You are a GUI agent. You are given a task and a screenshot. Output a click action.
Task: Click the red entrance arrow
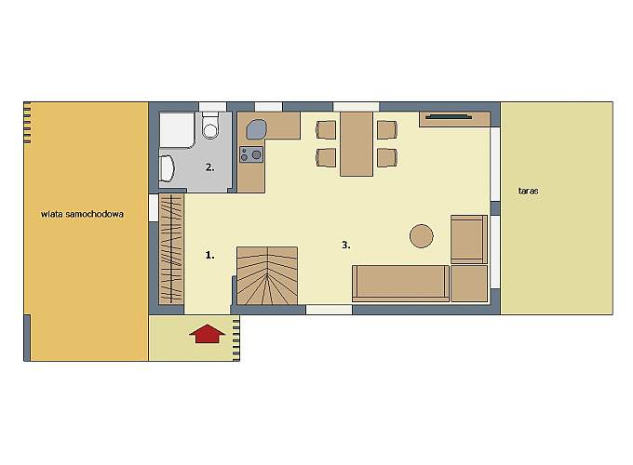207,334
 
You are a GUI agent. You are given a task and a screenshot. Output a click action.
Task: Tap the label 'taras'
528,191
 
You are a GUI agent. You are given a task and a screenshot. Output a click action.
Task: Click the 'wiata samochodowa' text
82,214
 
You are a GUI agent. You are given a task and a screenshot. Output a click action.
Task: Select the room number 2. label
210,167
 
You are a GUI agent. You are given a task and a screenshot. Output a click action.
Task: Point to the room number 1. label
210,255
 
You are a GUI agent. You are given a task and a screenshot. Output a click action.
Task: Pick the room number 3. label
346,245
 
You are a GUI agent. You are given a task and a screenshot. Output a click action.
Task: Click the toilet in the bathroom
210,126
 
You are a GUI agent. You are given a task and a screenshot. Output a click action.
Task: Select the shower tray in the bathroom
177,130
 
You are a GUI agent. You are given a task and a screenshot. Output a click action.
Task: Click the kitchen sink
256,129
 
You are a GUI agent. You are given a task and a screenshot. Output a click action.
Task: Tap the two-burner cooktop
251,154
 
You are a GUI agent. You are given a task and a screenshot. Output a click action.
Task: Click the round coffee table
422,236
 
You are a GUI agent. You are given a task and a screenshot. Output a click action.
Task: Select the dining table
356,144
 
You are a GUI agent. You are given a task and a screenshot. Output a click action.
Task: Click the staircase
267,276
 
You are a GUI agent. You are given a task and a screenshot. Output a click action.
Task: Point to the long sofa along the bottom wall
401,283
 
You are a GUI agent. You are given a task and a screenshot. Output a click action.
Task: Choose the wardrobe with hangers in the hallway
171,249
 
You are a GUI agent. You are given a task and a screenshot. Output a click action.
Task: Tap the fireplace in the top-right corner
454,119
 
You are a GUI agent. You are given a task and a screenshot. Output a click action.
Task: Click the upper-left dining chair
326,130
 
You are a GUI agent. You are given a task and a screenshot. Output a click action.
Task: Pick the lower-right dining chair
387,157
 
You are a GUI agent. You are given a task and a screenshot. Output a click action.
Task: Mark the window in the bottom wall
329,310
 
